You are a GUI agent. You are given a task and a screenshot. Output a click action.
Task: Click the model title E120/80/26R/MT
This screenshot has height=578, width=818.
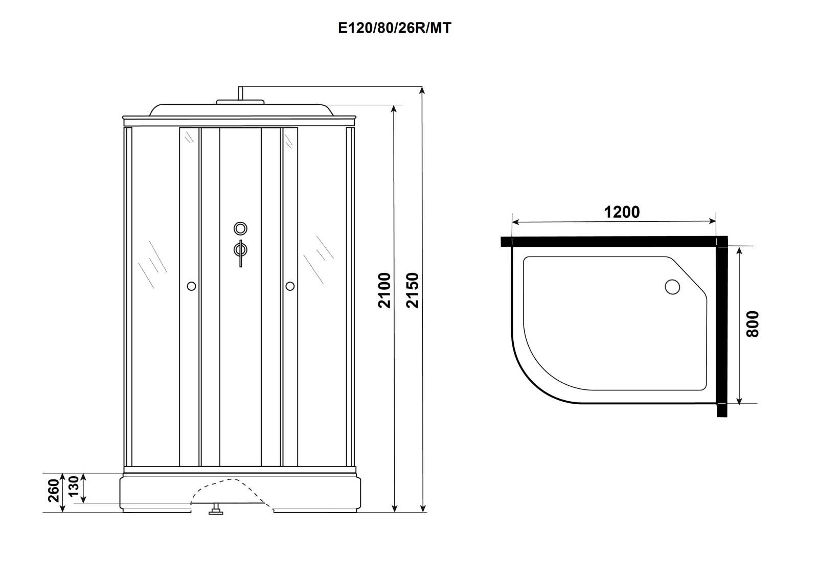pyautogui.click(x=395, y=28)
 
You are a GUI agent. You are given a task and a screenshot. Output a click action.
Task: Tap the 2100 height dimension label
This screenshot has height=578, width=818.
pyautogui.click(x=384, y=291)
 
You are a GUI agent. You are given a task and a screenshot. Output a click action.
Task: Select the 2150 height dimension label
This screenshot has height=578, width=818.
pyautogui.click(x=413, y=291)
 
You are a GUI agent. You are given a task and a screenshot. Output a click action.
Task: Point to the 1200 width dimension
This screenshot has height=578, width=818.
pyautogui.click(x=622, y=212)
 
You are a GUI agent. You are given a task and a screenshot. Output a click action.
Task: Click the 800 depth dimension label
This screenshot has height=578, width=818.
pyautogui.click(x=753, y=324)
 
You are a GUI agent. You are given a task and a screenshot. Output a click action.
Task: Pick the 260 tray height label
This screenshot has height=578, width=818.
pyautogui.click(x=54, y=491)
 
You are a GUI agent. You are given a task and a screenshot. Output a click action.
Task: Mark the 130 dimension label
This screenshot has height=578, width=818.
pyautogui.click(x=74, y=487)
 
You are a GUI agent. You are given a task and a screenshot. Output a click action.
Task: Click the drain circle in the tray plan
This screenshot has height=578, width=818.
pyautogui.click(x=672, y=287)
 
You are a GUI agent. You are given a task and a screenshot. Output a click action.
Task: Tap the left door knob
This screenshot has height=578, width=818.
pyautogui.click(x=191, y=286)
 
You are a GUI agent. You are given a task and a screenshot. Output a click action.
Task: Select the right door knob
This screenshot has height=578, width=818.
pyautogui.click(x=290, y=286)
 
